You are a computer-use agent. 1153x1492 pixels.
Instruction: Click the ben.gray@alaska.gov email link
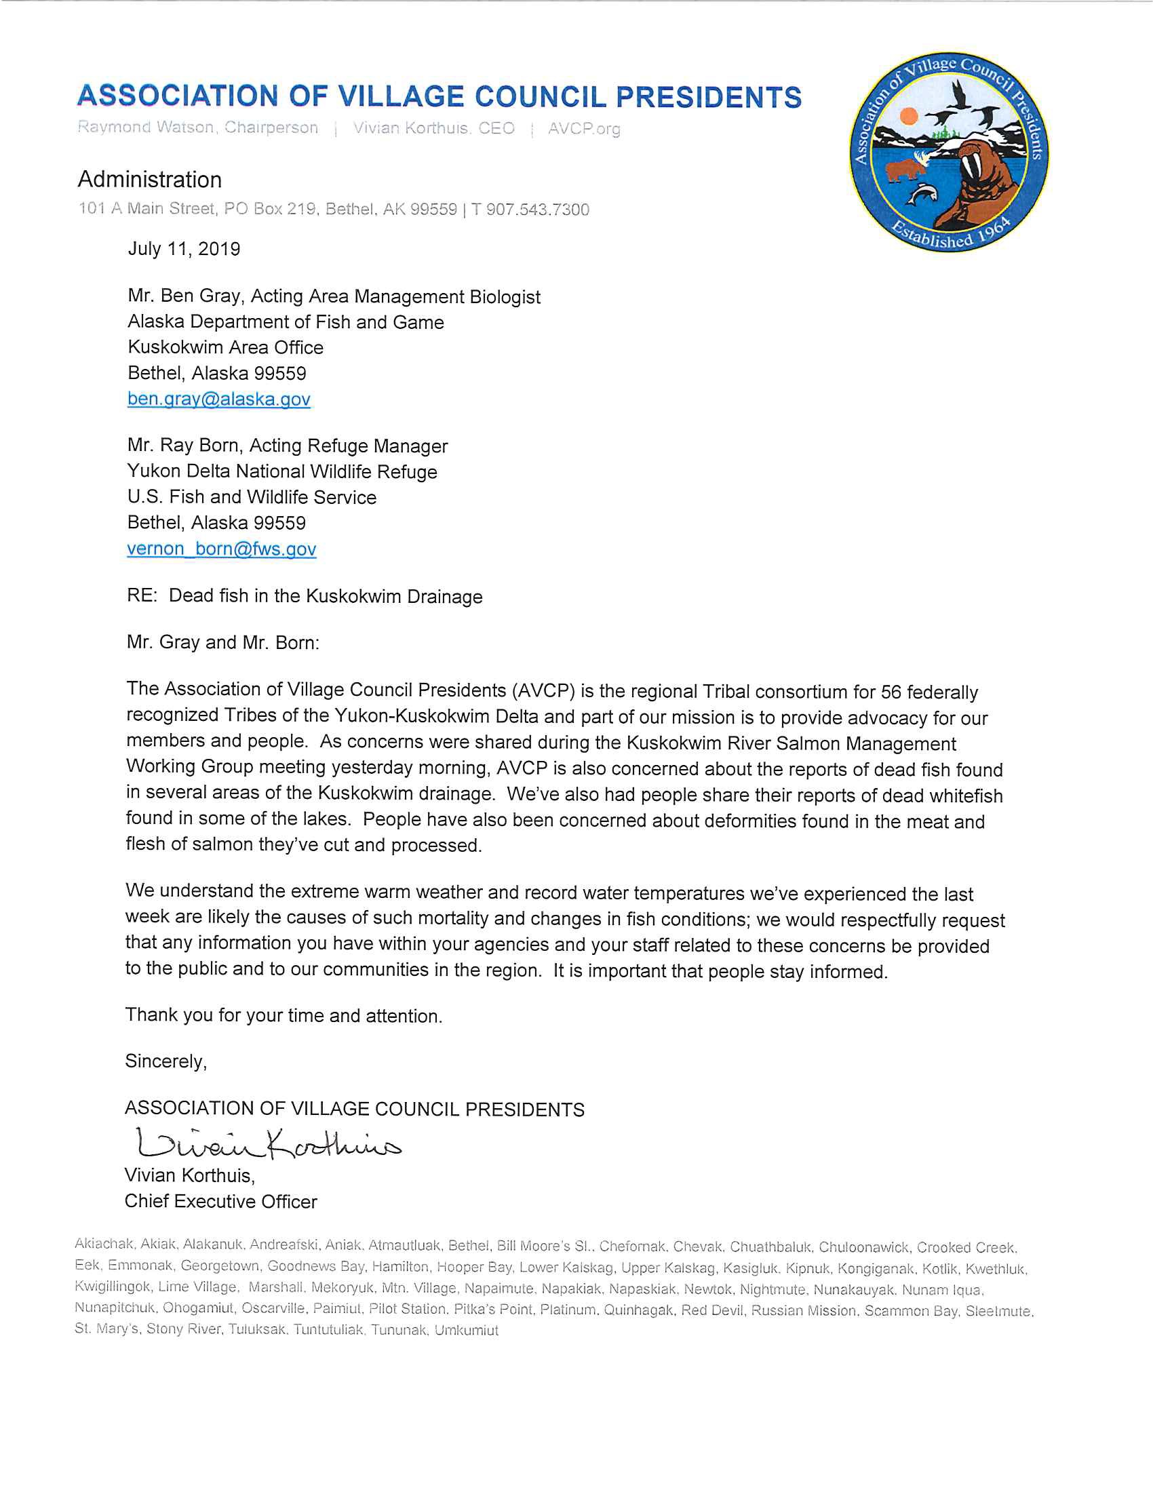pyautogui.click(x=218, y=399)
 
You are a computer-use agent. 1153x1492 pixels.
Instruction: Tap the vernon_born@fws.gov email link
pyautogui.click(x=221, y=549)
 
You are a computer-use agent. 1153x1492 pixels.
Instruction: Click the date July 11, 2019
pyautogui.click(x=184, y=249)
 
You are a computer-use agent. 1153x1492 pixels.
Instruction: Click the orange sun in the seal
pyautogui.click(x=908, y=116)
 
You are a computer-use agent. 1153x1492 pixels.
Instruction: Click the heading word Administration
pyautogui.click(x=150, y=180)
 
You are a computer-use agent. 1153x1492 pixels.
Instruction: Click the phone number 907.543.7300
pyautogui.click(x=537, y=210)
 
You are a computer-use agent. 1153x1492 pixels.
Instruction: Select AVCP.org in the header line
pyautogui.click(x=584, y=128)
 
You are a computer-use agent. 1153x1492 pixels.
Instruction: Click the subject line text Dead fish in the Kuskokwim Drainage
pyautogui.click(x=325, y=596)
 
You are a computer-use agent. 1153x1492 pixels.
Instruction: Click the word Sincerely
pyautogui.click(x=165, y=1061)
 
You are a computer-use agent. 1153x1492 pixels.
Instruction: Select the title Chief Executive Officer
pyautogui.click(x=220, y=1202)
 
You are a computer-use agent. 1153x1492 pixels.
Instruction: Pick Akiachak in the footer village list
pyautogui.click(x=104, y=1244)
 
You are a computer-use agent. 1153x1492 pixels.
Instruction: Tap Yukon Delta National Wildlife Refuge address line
pyautogui.click(x=281, y=471)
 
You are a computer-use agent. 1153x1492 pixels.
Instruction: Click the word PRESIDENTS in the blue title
pyautogui.click(x=708, y=97)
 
